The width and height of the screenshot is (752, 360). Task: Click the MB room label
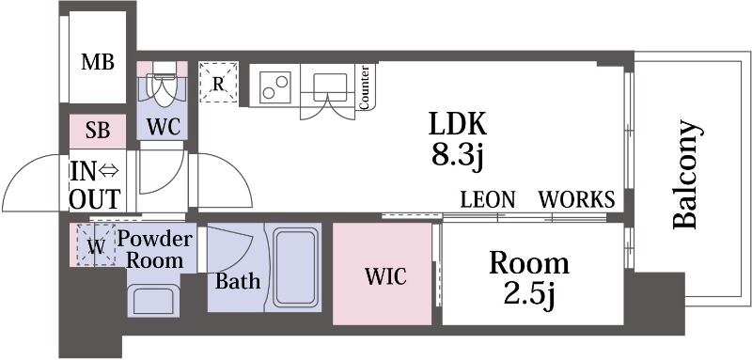click(x=98, y=62)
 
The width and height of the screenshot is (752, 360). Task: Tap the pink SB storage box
click(x=98, y=131)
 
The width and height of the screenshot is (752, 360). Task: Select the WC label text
click(x=163, y=128)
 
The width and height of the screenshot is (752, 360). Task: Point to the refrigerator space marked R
click(x=219, y=82)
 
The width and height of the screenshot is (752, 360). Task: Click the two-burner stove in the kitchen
click(x=275, y=87)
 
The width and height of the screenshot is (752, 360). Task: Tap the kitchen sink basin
click(x=330, y=87)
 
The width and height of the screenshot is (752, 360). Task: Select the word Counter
click(x=364, y=87)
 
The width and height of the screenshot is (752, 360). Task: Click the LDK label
click(x=458, y=124)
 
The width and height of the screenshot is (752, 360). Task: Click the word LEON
click(x=488, y=199)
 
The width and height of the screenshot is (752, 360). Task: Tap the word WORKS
click(x=576, y=199)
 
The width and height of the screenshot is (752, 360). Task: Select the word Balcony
click(x=684, y=175)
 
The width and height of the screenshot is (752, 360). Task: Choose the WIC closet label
click(x=385, y=276)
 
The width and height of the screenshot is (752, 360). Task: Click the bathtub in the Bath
click(x=296, y=267)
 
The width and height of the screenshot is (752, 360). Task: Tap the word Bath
click(x=238, y=281)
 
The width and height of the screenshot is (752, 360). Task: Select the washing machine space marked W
click(x=97, y=245)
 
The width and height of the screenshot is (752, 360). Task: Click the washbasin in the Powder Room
click(x=153, y=300)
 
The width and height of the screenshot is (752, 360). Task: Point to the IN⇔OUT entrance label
click(x=95, y=186)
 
